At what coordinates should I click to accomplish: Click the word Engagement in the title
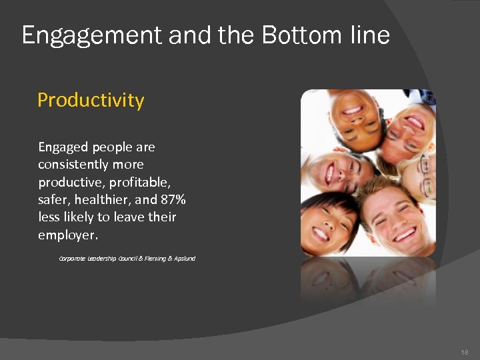(x=92, y=35)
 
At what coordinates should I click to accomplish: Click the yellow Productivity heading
(x=91, y=100)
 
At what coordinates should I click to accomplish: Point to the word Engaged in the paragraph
(x=63, y=147)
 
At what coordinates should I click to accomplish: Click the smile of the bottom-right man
(x=405, y=235)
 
